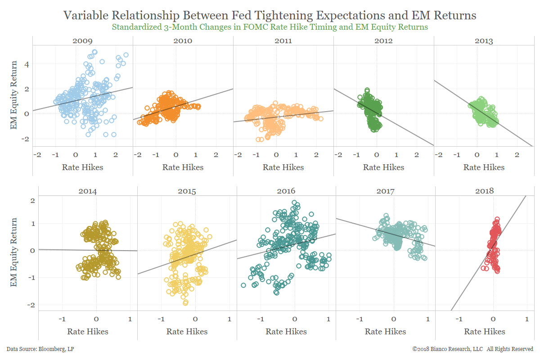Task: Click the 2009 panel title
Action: click(82, 41)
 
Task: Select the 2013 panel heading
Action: click(483, 41)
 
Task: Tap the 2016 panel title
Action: click(286, 191)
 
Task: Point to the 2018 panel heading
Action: click(485, 191)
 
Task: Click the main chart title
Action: click(270, 15)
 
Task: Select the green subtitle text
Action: click(270, 27)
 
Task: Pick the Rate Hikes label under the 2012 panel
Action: click(383, 167)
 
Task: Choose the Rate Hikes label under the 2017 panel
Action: click(385, 332)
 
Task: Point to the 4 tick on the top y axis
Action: click(27, 64)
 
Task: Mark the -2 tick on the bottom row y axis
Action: click(32, 305)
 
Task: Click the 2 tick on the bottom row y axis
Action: click(32, 200)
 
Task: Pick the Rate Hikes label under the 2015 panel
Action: click(187, 332)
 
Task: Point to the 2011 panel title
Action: click(283, 41)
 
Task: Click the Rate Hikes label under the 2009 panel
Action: click(82, 167)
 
